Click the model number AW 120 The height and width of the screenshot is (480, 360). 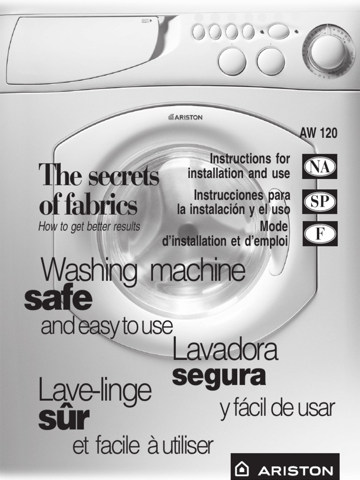coord(318,133)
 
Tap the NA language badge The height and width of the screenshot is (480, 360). coord(320,166)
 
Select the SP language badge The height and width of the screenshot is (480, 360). coord(320,202)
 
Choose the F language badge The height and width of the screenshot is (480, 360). coord(320,233)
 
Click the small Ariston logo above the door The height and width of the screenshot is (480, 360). coord(185,117)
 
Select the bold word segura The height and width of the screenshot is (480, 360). coord(218,376)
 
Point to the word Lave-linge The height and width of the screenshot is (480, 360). coord(95,391)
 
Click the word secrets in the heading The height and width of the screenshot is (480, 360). coord(124,176)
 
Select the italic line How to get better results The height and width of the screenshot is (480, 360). coord(89,227)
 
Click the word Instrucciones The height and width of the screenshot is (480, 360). coord(228,195)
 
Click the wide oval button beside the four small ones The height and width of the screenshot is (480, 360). coord(278,32)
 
